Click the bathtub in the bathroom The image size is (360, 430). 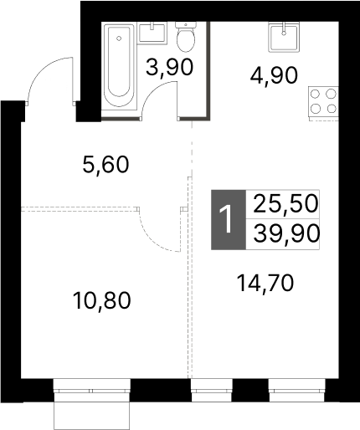[x=119, y=65]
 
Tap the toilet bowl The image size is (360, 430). [x=186, y=40]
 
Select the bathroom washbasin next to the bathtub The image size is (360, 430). [x=153, y=33]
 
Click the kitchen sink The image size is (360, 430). [x=284, y=38]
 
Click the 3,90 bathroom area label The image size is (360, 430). [x=169, y=68]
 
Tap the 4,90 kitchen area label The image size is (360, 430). [x=274, y=75]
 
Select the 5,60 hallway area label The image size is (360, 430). [x=106, y=164]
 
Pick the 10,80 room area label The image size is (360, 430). [x=101, y=300]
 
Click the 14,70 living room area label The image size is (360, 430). [x=265, y=283]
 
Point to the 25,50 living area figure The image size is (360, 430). [x=286, y=203]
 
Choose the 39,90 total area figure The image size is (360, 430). [x=286, y=233]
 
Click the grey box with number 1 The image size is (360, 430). [x=229, y=220]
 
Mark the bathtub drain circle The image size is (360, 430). [x=119, y=38]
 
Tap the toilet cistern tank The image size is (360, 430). [x=186, y=25]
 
